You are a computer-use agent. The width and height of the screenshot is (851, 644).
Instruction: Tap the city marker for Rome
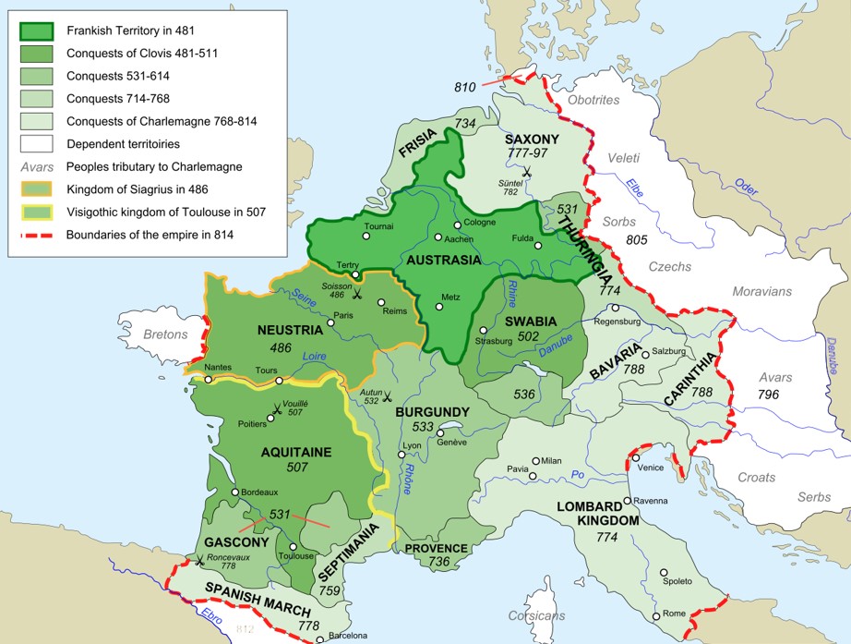click(x=656, y=615)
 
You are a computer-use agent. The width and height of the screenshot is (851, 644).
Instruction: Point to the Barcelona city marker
click(x=318, y=638)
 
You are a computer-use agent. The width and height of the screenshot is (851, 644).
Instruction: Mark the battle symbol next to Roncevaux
click(x=200, y=561)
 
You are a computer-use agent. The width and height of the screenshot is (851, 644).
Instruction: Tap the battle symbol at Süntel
click(x=526, y=172)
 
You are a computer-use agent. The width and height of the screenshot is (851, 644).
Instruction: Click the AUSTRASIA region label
click(x=444, y=260)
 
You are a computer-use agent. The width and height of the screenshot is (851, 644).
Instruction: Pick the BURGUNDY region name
click(x=432, y=412)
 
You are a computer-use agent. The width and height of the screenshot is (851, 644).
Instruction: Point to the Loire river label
click(x=317, y=355)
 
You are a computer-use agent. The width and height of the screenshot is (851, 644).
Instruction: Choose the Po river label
click(x=579, y=474)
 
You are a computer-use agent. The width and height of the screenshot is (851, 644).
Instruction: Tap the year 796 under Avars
click(x=768, y=395)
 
